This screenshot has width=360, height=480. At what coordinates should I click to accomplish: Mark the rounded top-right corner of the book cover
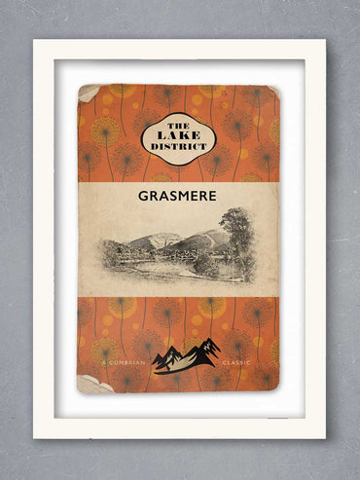(273, 91)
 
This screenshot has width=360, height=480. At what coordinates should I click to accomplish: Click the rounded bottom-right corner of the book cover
(273, 388)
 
